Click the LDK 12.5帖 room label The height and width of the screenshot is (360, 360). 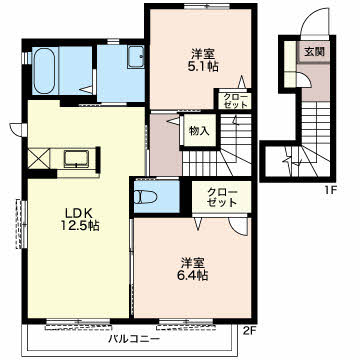pos(79,219)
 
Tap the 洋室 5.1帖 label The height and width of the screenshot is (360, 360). pos(202,60)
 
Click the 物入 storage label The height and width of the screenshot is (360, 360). pos(199,131)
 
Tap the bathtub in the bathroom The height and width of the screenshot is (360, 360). pos(44,71)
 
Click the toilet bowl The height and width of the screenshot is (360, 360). pos(146,197)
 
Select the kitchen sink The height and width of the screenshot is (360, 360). pos(76,158)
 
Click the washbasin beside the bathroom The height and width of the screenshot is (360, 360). pos(135,57)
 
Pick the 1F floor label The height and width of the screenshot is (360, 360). pos(331,190)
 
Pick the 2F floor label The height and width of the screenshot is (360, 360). pos(249,330)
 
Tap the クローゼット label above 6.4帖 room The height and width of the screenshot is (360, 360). pos(221,197)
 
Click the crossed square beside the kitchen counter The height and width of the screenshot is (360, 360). pos(39,159)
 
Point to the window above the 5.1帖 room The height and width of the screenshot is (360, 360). pos(207,6)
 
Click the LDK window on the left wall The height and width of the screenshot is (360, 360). pos(21,224)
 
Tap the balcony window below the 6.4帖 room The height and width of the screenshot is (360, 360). pos(185,322)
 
